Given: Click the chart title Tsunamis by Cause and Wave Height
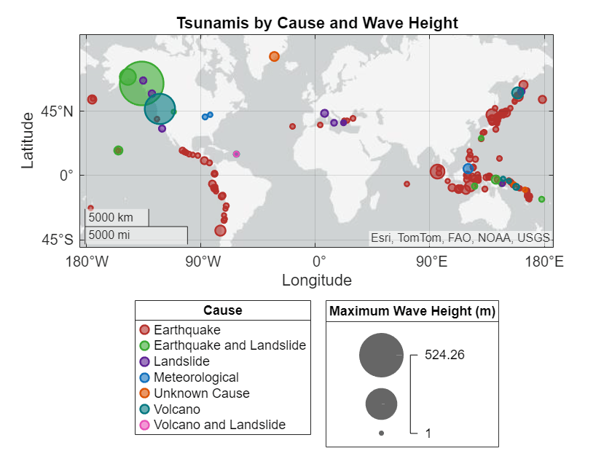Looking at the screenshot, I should pyautogui.click(x=317, y=23).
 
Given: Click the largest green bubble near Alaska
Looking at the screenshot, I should pyautogui.click(x=141, y=83).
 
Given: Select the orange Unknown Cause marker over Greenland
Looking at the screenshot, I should pyautogui.click(x=274, y=57).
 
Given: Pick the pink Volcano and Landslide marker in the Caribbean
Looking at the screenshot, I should pyautogui.click(x=236, y=154).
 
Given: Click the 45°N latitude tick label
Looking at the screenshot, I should pyautogui.click(x=58, y=111).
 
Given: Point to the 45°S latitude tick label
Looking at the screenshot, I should pyautogui.click(x=58, y=240).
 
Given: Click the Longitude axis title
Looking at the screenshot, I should pyautogui.click(x=316, y=280).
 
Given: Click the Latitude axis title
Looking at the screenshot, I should pyautogui.click(x=28, y=140).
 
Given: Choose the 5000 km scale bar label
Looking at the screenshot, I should pyautogui.click(x=111, y=217).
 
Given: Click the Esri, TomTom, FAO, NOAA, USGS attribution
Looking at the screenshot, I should pyautogui.click(x=460, y=238).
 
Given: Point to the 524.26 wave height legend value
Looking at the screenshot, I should pyautogui.click(x=444, y=356).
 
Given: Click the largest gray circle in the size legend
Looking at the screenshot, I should pyautogui.click(x=381, y=356).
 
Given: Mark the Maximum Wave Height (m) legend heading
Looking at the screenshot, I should pyautogui.click(x=412, y=311).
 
